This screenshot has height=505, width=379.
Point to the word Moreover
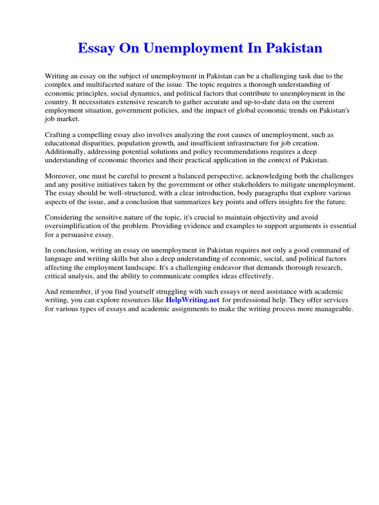click(60, 176)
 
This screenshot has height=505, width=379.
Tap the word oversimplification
click(72, 226)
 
